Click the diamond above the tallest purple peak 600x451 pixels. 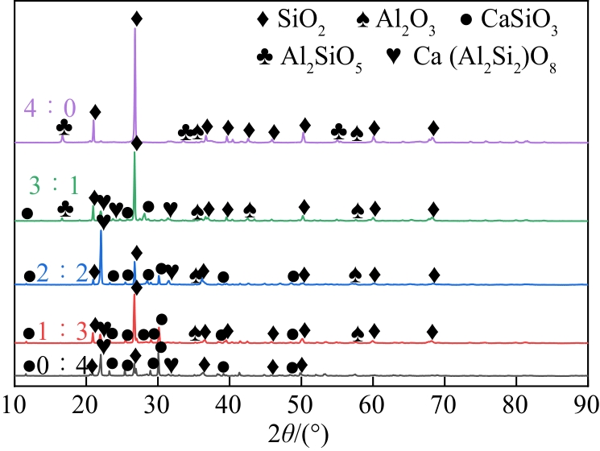(136, 18)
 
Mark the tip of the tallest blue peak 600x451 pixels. (101, 230)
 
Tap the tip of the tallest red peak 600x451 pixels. (134, 303)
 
